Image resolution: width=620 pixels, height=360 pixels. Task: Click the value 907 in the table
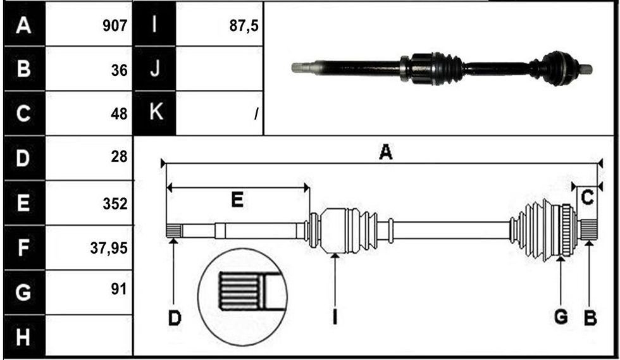[x=115, y=26]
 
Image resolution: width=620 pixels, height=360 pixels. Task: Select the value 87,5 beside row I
[x=244, y=26]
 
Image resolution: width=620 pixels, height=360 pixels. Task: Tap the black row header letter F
[x=23, y=247]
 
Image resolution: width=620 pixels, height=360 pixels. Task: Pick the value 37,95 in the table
[x=109, y=248]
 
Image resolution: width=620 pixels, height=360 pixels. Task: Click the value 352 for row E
[x=115, y=204]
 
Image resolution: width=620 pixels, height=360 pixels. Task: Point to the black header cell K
[x=155, y=113]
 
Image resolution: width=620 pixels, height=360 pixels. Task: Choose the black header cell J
[x=155, y=68]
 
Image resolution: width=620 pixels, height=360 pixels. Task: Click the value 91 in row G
[x=119, y=289]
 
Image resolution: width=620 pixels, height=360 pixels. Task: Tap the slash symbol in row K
[x=257, y=114]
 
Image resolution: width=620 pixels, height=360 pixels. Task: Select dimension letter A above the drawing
[x=385, y=152]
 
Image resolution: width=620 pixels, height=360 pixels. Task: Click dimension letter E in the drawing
[x=237, y=200]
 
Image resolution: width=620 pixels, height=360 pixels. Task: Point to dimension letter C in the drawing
[x=588, y=197]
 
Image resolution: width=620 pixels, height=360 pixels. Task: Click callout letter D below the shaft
[x=175, y=318]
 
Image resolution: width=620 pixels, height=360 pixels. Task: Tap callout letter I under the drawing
[x=335, y=317]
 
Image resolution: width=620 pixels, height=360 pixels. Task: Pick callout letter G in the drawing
[x=561, y=317]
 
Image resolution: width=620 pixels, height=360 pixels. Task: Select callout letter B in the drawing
[x=590, y=318]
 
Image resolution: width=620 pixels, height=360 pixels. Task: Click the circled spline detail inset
[x=242, y=297]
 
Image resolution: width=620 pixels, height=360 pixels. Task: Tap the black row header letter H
[x=23, y=337]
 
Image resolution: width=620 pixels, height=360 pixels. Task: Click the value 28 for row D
[x=119, y=157]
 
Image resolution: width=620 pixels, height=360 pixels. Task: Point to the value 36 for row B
[x=119, y=70]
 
